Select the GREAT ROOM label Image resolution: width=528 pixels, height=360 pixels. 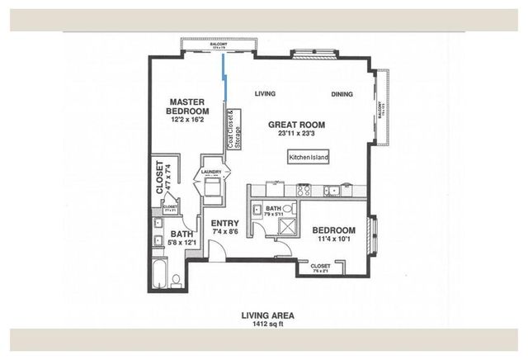(296, 125)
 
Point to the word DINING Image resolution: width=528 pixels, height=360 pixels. (342, 93)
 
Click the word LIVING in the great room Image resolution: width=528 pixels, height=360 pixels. (265, 92)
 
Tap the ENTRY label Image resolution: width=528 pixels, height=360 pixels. (224, 223)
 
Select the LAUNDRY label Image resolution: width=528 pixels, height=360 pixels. (211, 173)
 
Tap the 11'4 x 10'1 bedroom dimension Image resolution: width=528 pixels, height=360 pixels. (334, 239)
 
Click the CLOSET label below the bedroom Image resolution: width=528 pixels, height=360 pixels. (320, 266)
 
